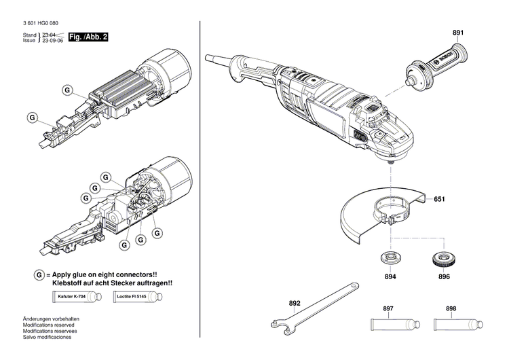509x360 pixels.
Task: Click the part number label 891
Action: pos(458,33)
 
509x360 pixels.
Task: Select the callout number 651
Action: pos(439,199)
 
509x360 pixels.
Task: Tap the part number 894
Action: pos(390,277)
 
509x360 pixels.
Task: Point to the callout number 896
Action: pos(444,277)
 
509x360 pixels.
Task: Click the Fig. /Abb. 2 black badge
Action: pos(89,37)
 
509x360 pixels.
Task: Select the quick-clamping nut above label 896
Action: pos(443,259)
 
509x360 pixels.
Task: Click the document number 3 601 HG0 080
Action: pos(45,24)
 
